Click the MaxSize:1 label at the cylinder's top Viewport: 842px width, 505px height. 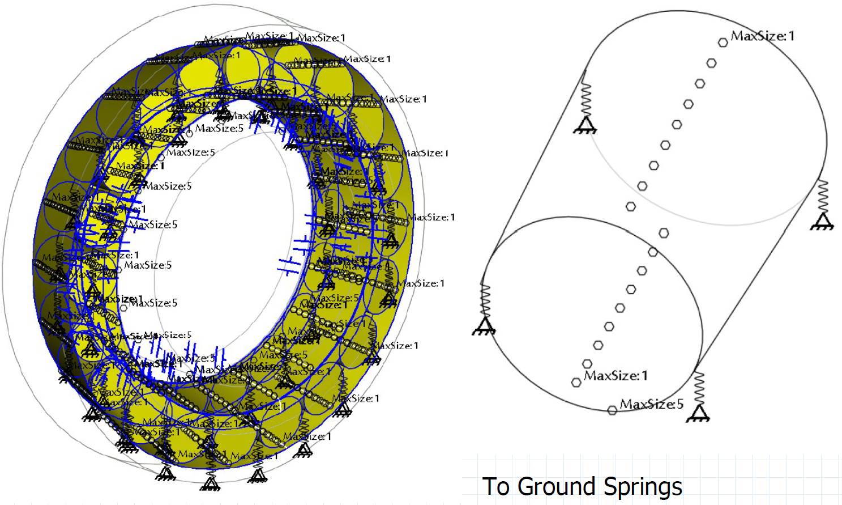pos(762,36)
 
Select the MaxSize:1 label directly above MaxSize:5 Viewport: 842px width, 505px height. pos(616,376)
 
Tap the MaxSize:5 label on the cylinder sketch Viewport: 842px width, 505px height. pos(652,404)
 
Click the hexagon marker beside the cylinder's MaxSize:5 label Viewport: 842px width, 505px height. pos(612,410)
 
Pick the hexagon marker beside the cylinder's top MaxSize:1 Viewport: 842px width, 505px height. pos(723,43)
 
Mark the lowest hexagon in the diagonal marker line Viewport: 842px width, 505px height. pos(576,383)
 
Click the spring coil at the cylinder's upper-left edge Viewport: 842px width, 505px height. pos(586,100)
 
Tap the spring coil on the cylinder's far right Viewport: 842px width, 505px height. pos(823,196)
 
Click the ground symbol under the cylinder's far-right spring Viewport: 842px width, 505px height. pos(822,222)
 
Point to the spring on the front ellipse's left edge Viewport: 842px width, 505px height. pos(485,300)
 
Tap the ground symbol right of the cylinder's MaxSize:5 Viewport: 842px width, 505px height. pos(698,415)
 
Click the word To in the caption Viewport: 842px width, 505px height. pos(496,486)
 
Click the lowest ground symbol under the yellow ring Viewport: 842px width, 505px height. pos(210,483)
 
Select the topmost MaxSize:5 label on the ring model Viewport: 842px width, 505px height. pos(219,129)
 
